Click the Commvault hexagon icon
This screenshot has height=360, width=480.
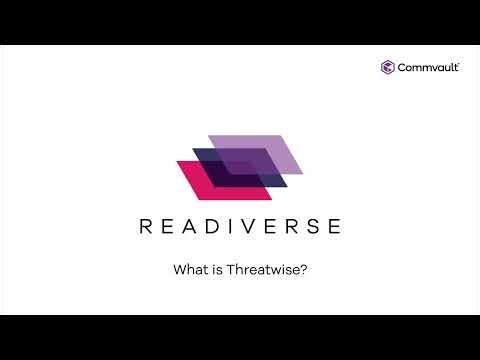tap(387, 67)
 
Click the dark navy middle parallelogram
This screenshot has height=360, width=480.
tap(232, 164)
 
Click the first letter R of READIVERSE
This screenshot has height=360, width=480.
tap(147, 226)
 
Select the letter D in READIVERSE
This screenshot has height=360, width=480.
tap(213, 226)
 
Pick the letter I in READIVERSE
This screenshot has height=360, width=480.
tap(230, 226)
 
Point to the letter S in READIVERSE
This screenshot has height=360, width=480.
tap(311, 226)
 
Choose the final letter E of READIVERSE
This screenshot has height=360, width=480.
tap(333, 226)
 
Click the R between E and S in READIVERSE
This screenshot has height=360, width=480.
tap(290, 226)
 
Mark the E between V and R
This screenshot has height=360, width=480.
tap(269, 226)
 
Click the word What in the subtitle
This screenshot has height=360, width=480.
tap(189, 269)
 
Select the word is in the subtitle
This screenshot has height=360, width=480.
tap(215, 269)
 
